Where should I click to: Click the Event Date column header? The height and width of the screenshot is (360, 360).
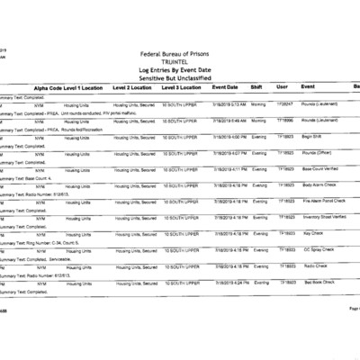pos(225,87)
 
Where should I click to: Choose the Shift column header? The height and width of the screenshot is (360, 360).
pos(256,87)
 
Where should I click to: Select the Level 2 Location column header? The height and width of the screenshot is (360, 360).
pos(132,87)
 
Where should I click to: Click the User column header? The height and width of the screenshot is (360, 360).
pos(282,87)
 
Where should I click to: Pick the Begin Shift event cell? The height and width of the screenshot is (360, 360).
pos(313,136)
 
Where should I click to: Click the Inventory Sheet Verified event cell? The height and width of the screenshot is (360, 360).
pos(325,217)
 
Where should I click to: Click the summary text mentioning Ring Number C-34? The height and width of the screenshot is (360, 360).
pos(36,242)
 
